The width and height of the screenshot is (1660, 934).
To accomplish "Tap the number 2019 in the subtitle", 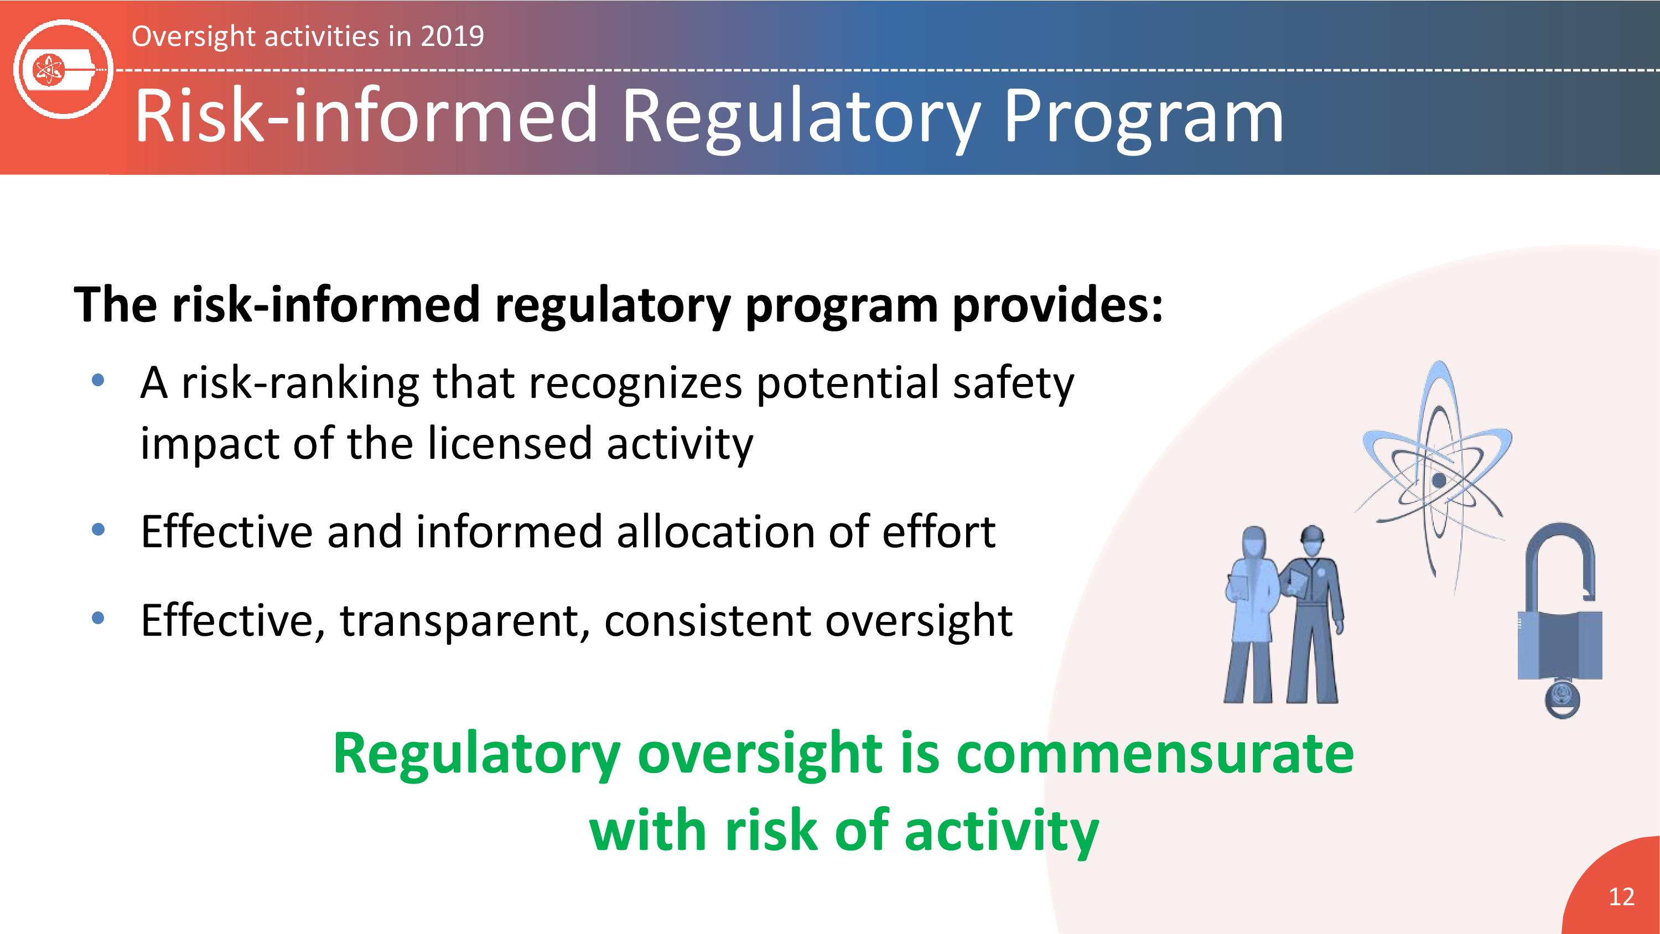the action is click(452, 36).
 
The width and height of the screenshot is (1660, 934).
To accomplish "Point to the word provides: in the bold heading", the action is click(1058, 305).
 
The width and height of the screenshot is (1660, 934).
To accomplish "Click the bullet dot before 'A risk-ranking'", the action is click(98, 380).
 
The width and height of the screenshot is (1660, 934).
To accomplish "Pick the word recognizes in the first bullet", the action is click(635, 384).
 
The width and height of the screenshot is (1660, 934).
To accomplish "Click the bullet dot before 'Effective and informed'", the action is click(98, 531).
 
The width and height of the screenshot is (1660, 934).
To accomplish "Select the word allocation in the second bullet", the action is click(715, 532).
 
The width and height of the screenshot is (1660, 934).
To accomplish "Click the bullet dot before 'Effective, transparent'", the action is click(98, 619).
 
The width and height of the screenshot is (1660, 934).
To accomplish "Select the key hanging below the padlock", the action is click(1562, 698).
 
